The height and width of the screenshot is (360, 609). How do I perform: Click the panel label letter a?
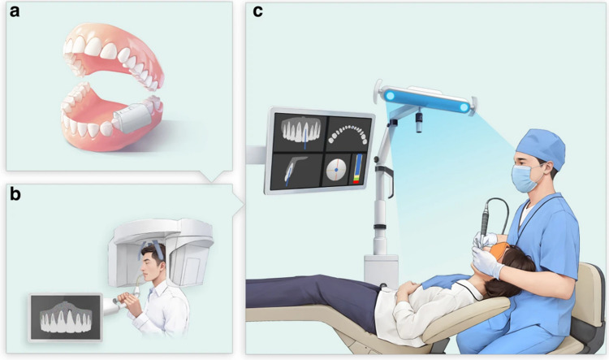coord(15,11)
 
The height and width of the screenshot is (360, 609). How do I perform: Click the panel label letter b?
coord(15,193)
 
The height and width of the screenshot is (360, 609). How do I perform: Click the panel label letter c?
coord(257,11)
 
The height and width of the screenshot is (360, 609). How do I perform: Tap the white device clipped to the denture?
coord(132,117)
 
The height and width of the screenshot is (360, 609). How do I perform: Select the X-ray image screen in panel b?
coord(66,317)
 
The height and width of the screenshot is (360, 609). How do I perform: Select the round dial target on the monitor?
coord(336,170)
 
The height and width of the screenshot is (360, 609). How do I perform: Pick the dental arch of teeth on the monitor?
coord(348,134)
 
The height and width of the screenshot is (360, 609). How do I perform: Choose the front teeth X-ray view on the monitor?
coord(302,131)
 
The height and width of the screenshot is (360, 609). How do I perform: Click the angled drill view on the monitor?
coord(295,171)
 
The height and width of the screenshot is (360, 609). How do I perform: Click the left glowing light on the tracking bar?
coord(390,96)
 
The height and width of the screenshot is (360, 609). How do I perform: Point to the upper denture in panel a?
coord(113,54)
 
